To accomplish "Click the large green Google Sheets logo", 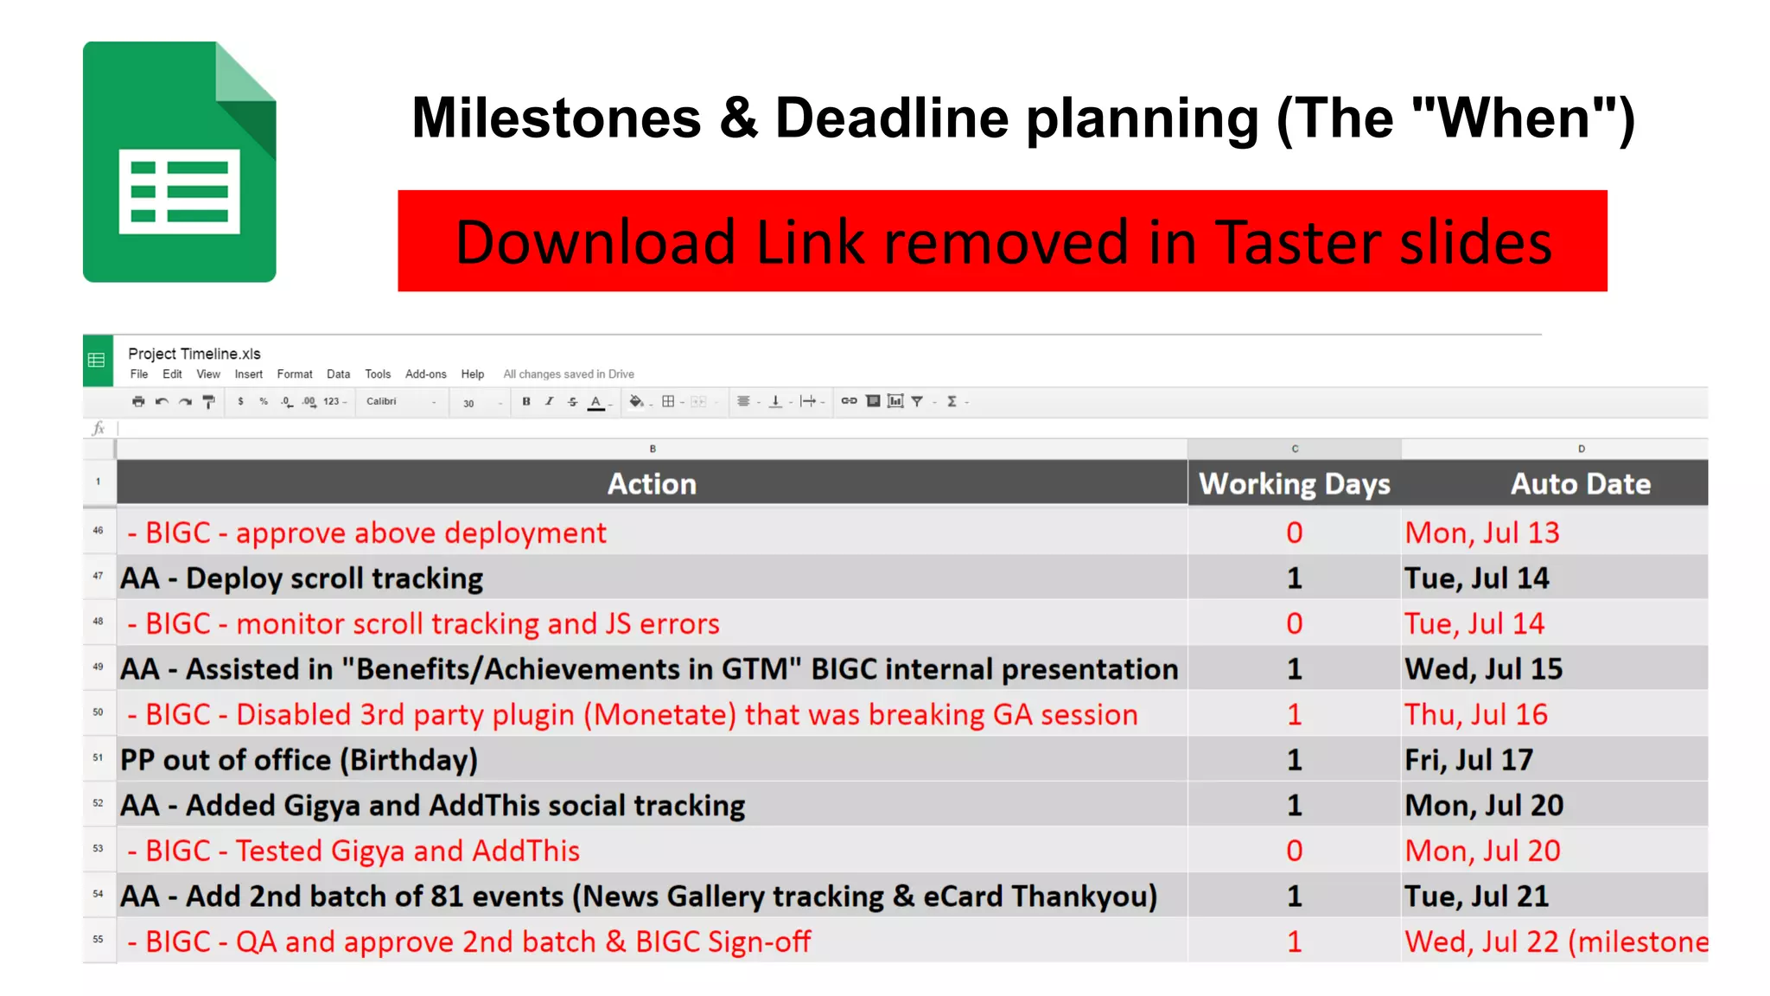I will [179, 162].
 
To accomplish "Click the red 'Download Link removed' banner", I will [1002, 241].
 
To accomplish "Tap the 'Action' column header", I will [652, 484].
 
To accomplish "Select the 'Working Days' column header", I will [1294, 484].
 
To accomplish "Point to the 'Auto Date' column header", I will [1580, 484].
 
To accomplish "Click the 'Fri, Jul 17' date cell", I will [1468, 760].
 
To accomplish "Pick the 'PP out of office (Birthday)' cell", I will [299, 760].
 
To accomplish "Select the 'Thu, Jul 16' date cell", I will [1475, 715].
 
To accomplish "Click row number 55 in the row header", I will [99, 940].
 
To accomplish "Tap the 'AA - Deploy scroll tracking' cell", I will [302, 578].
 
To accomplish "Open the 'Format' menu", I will [295, 374].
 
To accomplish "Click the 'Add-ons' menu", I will [425, 374].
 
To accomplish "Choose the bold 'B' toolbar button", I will [526, 401].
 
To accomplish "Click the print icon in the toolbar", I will [138, 401].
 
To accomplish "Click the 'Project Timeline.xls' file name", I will [194, 354].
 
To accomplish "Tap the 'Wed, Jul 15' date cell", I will [1483, 669].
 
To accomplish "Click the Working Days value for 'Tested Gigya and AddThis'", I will [1294, 851].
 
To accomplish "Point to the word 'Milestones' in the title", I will [557, 118].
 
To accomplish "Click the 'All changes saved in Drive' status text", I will [569, 374].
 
